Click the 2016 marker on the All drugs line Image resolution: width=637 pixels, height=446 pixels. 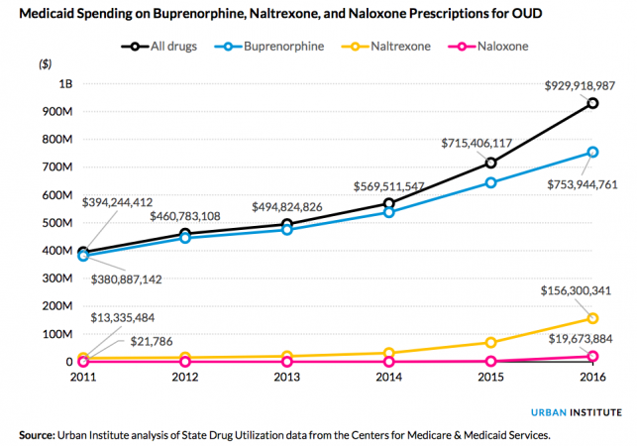pos(592,103)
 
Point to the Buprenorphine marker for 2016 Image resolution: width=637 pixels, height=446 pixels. pos(592,152)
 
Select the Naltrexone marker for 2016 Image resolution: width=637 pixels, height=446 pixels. pos(592,318)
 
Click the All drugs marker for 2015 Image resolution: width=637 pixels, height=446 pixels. pos(490,163)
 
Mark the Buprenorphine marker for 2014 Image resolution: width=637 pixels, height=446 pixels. pos(387,212)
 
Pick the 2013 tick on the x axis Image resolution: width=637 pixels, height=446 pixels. pos(284,376)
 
